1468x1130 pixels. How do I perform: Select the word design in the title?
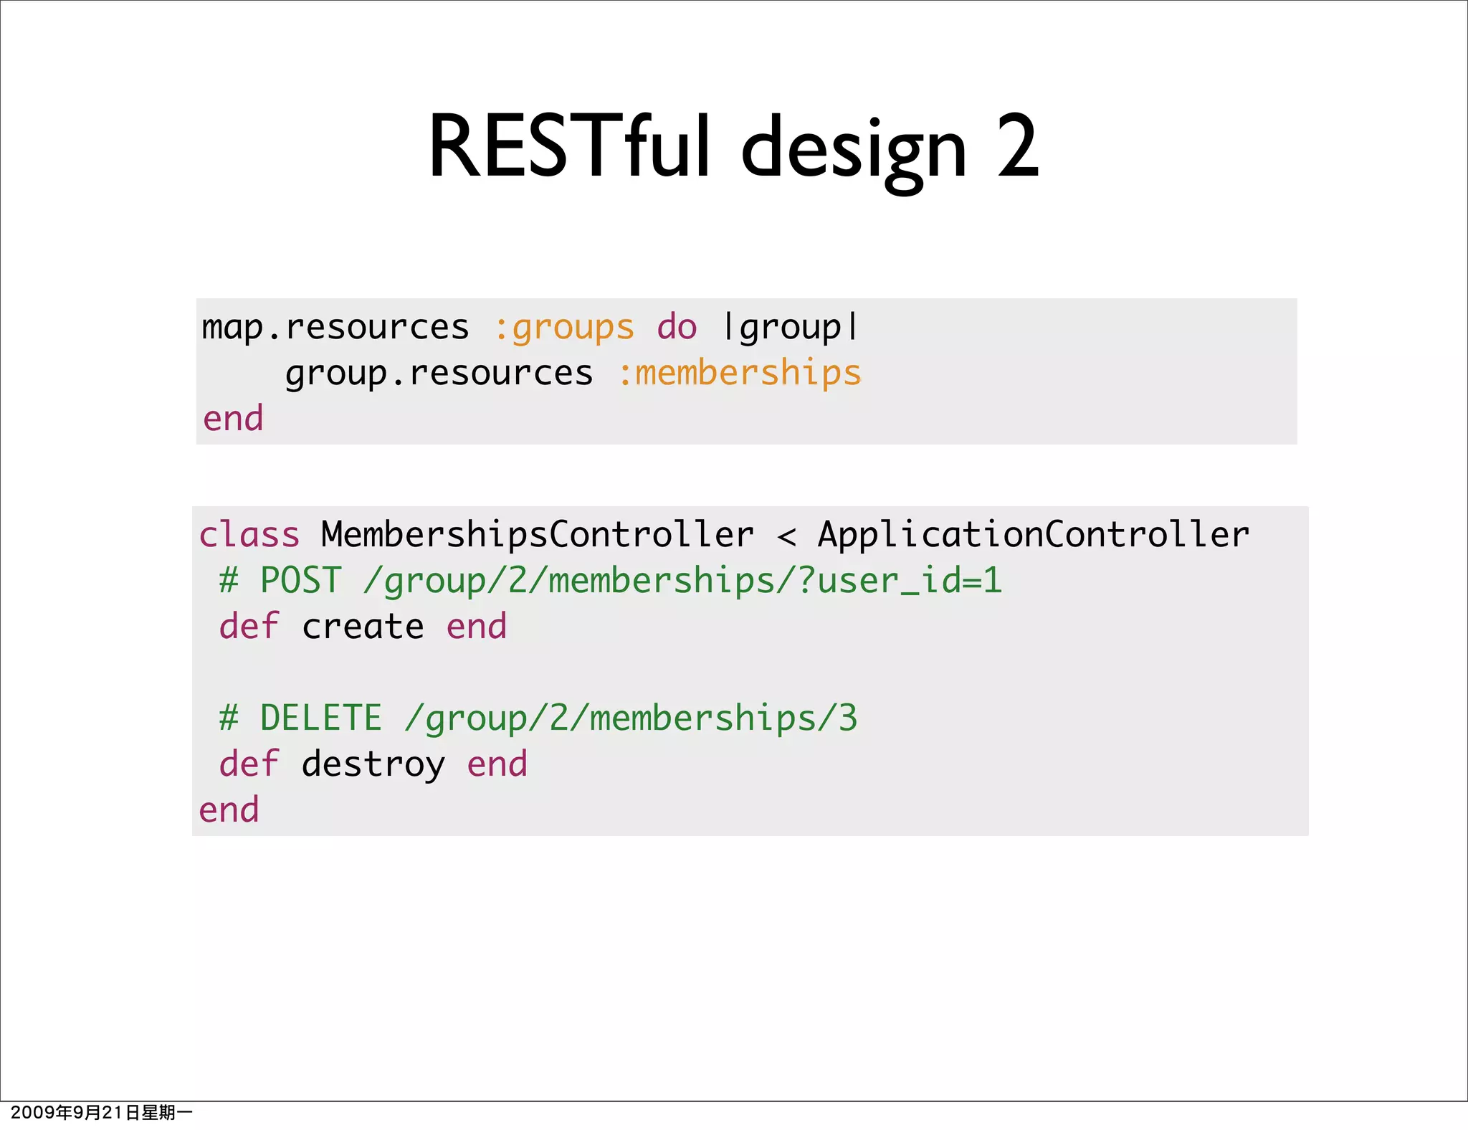(x=854, y=151)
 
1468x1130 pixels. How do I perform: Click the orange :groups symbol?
(x=565, y=328)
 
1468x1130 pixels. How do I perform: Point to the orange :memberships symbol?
(x=739, y=374)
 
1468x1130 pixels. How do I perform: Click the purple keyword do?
(x=677, y=328)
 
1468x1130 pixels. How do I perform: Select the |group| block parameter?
(x=791, y=328)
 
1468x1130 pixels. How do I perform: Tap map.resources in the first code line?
(x=335, y=328)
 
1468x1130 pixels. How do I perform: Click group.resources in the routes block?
(x=439, y=374)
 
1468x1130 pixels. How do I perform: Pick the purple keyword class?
(x=249, y=535)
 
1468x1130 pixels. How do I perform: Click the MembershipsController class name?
(x=537, y=535)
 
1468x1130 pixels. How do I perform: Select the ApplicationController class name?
(x=1033, y=535)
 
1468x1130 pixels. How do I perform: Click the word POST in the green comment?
(x=300, y=580)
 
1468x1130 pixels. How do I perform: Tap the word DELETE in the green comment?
(x=320, y=718)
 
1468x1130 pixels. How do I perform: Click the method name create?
(x=363, y=627)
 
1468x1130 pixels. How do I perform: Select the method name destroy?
(x=373, y=764)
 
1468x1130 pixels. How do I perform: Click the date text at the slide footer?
(x=101, y=1112)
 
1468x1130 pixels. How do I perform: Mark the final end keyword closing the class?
(x=229, y=810)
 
